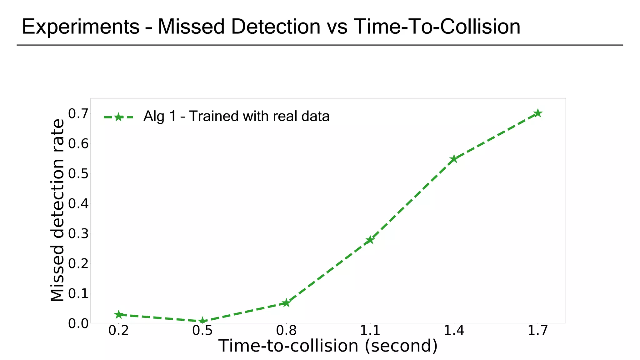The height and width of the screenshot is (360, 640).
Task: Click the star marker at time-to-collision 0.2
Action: pyautogui.click(x=118, y=315)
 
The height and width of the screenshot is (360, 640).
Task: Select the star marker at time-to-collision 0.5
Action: pyautogui.click(x=202, y=321)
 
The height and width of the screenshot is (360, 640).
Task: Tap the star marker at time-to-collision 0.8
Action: pyautogui.click(x=286, y=303)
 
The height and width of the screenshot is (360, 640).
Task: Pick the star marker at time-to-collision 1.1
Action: pyautogui.click(x=370, y=240)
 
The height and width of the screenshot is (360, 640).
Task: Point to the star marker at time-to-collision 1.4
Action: pyautogui.click(x=454, y=159)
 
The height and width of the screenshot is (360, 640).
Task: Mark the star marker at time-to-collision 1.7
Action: pyautogui.click(x=537, y=113)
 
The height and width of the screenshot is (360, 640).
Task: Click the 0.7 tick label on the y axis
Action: pyautogui.click(x=78, y=114)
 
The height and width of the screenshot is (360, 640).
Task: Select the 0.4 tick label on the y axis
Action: pyautogui.click(x=78, y=203)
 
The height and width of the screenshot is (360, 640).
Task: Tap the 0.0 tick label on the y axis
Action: pyautogui.click(x=78, y=323)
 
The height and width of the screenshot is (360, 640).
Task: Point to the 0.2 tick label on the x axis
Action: pyautogui.click(x=118, y=331)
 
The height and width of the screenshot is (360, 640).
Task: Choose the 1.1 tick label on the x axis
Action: pyautogui.click(x=370, y=331)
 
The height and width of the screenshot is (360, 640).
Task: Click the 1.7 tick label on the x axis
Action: pyautogui.click(x=537, y=331)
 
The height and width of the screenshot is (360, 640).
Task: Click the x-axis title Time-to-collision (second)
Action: pyautogui.click(x=327, y=346)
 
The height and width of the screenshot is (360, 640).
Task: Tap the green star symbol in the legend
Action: pyautogui.click(x=118, y=117)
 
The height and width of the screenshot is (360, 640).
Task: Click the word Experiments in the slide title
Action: pyautogui.click(x=81, y=27)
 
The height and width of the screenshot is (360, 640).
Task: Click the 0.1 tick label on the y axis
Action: pyautogui.click(x=78, y=293)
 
